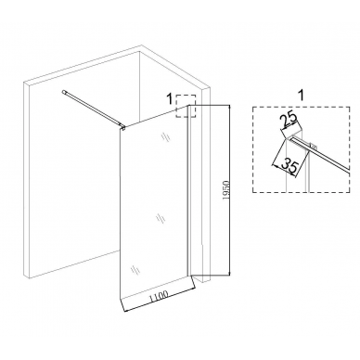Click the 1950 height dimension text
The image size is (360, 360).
click(x=225, y=191)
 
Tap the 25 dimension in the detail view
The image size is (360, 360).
click(x=289, y=119)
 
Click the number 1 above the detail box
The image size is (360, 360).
click(x=301, y=96)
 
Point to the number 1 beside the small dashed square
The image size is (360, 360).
click(x=169, y=99)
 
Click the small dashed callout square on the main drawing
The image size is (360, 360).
click(x=186, y=106)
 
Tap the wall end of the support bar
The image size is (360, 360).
click(x=64, y=92)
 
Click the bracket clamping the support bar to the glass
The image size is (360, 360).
click(x=122, y=127)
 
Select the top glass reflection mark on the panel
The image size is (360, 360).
click(x=165, y=136)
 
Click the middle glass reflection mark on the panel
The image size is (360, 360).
click(x=161, y=217)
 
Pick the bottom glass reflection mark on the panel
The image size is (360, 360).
click(x=135, y=269)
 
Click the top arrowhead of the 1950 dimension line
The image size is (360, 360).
click(x=229, y=107)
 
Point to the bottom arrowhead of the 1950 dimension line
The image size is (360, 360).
click(x=229, y=273)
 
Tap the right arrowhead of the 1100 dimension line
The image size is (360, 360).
click(x=194, y=289)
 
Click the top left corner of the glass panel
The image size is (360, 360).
click(x=121, y=130)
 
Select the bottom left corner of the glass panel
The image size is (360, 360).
click(x=120, y=299)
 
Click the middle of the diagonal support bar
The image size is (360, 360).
click(x=94, y=109)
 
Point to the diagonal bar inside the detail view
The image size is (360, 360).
click(x=322, y=154)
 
